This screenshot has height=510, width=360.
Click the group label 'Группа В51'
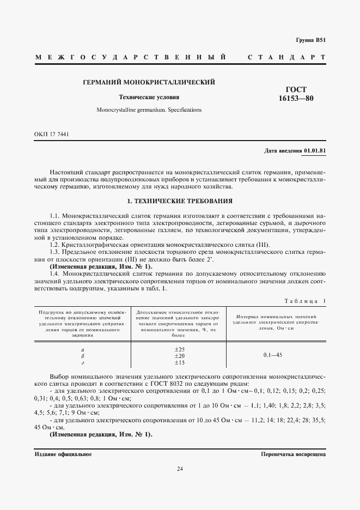tap(310, 40)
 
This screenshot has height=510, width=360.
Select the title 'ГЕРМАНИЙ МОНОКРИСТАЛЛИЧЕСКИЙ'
tap(149, 82)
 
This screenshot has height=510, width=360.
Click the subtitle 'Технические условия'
tap(149, 98)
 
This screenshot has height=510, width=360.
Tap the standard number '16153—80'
tap(296, 99)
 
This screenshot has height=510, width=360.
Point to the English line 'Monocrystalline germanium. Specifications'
tap(149, 110)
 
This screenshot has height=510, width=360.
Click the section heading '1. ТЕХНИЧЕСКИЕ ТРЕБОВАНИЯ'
tap(180, 201)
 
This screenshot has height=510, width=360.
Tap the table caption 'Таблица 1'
tap(305, 301)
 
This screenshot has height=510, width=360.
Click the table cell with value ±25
tap(180, 349)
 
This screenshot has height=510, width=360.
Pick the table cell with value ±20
tap(180, 355)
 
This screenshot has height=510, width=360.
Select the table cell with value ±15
tap(180, 362)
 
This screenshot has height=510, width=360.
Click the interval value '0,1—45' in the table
tap(272, 355)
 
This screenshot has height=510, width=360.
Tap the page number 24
tap(180, 469)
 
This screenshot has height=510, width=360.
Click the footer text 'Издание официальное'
tap(63, 453)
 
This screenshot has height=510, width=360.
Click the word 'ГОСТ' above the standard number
tap(296, 89)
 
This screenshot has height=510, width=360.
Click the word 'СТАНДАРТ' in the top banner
tap(286, 57)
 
